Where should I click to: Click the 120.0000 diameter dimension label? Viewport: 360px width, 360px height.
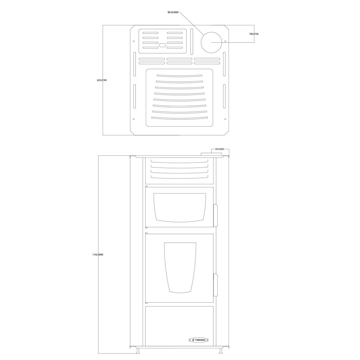tap(173, 12)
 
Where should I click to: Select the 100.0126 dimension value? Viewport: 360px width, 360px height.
tap(254, 34)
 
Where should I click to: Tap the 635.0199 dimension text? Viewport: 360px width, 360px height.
tap(102, 80)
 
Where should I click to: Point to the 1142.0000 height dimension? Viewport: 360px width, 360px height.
tap(98, 254)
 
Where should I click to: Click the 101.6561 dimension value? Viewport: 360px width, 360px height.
tap(220, 149)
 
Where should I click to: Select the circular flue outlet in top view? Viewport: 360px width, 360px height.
tap(211, 42)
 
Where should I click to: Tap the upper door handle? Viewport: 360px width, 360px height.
tap(215, 215)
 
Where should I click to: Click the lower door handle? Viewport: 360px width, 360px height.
tap(215, 285)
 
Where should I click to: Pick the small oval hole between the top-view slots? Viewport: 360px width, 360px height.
tap(162, 45)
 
